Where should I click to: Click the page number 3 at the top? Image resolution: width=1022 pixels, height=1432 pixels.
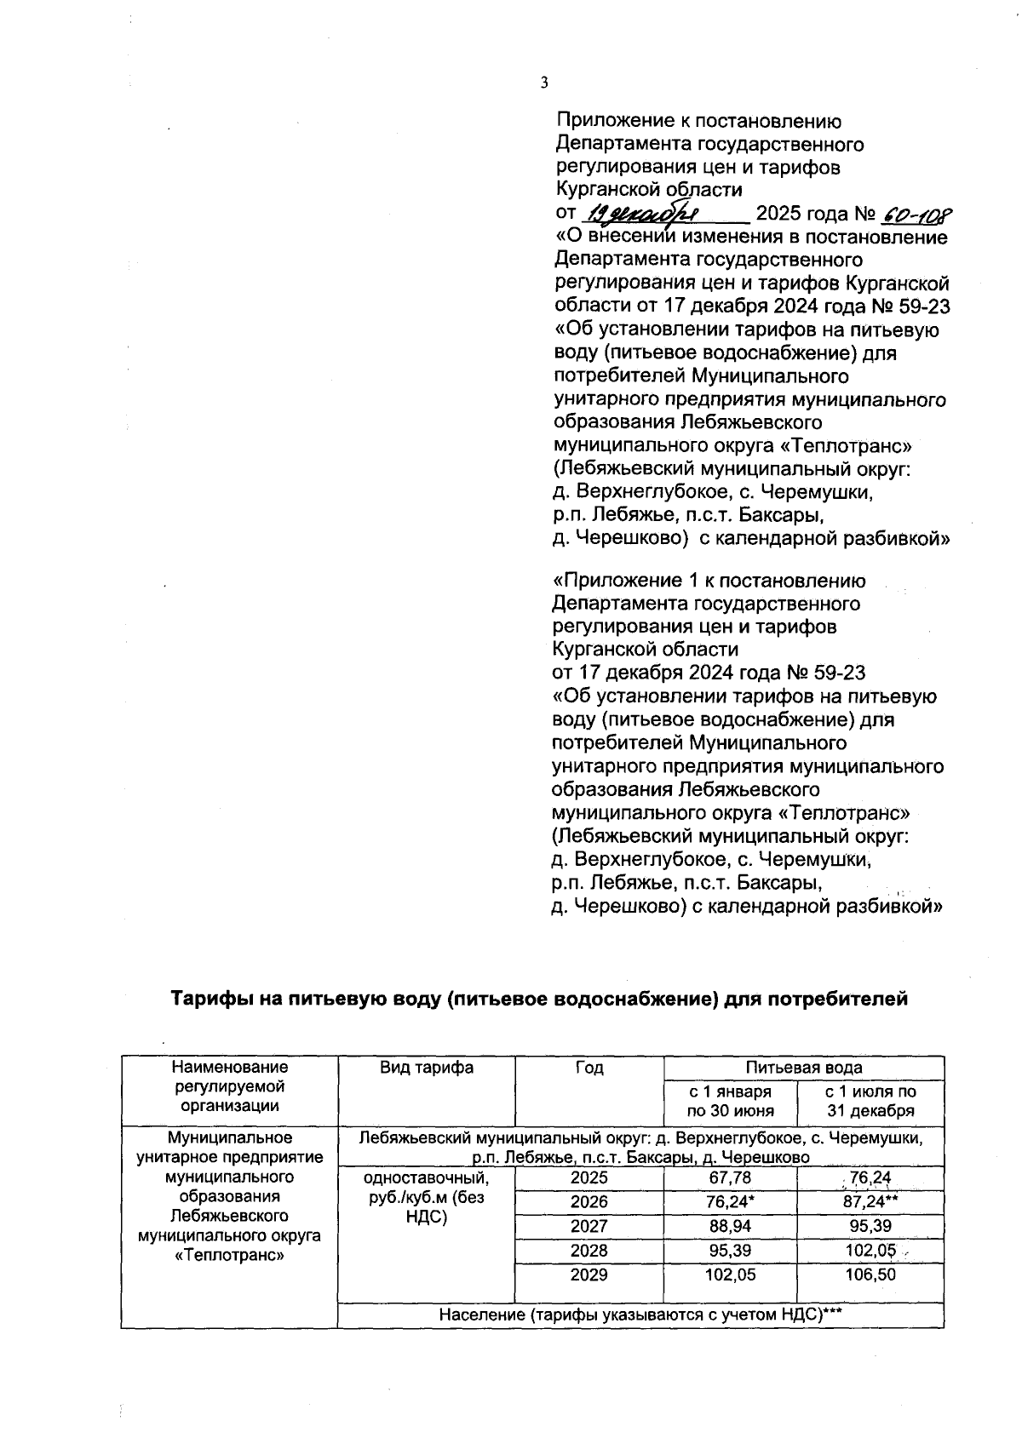click(x=544, y=83)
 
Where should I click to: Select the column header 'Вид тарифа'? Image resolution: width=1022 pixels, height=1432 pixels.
click(x=426, y=1068)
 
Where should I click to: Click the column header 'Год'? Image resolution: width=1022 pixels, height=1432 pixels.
click(x=589, y=1068)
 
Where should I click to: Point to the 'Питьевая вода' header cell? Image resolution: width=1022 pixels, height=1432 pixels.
click(x=803, y=1068)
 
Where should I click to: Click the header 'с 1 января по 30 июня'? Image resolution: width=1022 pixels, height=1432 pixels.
click(x=730, y=1101)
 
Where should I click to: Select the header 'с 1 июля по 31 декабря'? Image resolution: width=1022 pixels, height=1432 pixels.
click(x=870, y=1101)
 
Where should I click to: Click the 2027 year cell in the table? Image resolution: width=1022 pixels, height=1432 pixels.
click(x=589, y=1226)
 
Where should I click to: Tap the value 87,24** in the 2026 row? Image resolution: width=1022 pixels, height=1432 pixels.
click(x=870, y=1201)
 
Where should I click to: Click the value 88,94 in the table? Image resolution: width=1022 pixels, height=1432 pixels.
click(x=730, y=1226)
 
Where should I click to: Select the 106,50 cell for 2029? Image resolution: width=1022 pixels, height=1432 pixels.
click(x=870, y=1274)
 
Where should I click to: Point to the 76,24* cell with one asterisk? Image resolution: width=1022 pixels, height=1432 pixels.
click(x=730, y=1201)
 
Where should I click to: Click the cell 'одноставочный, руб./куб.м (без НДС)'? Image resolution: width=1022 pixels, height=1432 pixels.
click(x=426, y=1198)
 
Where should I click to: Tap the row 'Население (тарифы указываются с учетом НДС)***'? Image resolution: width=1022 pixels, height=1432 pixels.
click(x=640, y=1315)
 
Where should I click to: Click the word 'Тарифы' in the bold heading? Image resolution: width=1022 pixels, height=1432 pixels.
click(x=207, y=999)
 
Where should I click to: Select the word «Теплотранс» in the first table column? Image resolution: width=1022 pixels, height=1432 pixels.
click(x=229, y=1255)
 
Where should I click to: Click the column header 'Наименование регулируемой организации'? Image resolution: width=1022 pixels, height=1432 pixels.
click(x=229, y=1086)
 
